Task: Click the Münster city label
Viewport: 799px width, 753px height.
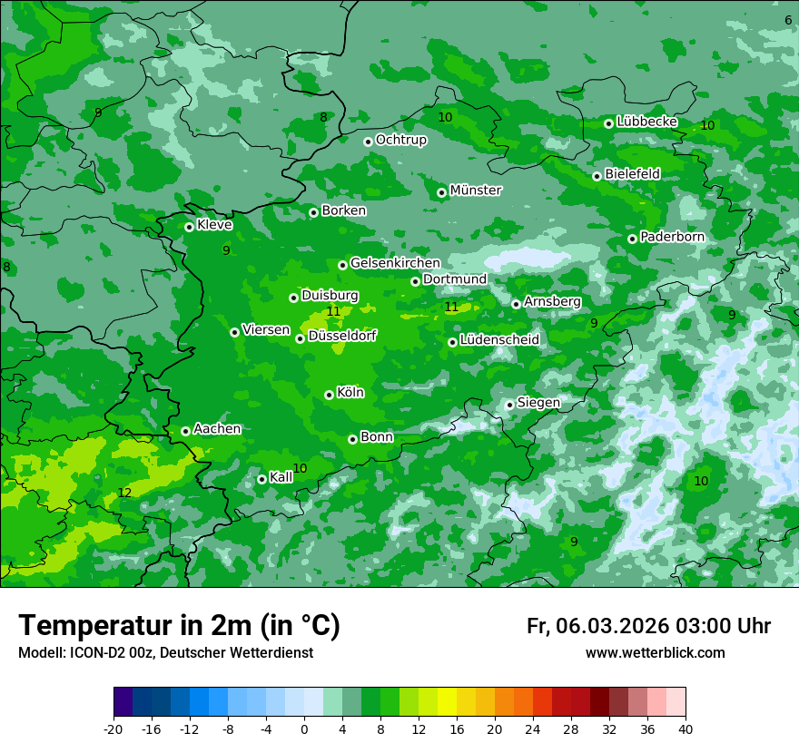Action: click(x=476, y=191)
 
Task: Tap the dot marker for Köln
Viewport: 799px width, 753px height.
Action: click(x=329, y=395)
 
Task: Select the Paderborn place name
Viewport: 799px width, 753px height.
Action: click(x=672, y=237)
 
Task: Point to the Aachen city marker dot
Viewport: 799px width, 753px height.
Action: click(x=185, y=431)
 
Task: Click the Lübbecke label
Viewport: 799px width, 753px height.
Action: click(x=646, y=122)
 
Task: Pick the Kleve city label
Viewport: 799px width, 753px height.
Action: click(x=214, y=225)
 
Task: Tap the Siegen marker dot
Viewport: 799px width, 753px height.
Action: click(x=509, y=405)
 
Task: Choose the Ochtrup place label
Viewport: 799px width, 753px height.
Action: click(x=400, y=140)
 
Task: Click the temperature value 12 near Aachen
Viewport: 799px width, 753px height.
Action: click(x=125, y=493)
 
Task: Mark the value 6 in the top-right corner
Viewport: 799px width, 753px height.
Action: click(x=788, y=20)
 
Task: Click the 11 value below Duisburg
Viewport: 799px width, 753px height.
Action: click(x=333, y=311)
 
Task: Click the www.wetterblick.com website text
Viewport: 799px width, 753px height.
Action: click(x=655, y=653)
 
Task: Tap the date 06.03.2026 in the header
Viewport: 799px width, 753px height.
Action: click(x=612, y=626)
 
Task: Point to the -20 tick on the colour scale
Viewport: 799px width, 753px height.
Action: click(x=113, y=729)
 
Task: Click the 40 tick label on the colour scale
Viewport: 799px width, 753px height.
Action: click(x=685, y=729)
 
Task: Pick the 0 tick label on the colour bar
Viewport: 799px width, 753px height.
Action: click(x=304, y=729)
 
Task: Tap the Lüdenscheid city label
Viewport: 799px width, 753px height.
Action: click(x=499, y=340)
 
